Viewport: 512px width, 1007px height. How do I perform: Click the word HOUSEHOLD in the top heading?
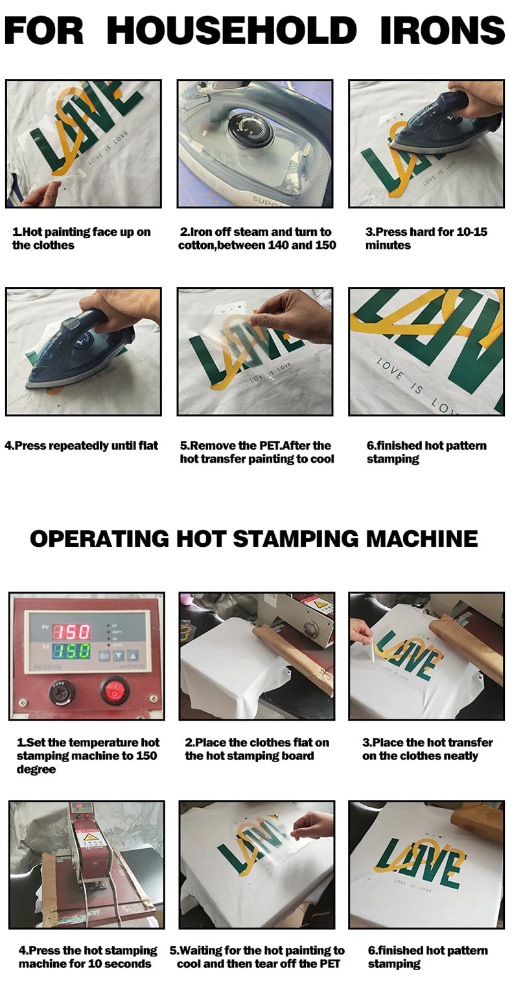(231, 30)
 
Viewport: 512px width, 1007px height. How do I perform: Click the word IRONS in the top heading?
(442, 30)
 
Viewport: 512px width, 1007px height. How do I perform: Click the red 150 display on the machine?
(71, 632)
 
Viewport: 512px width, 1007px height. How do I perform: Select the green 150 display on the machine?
(71, 651)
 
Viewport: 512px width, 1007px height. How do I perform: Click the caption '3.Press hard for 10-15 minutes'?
(426, 238)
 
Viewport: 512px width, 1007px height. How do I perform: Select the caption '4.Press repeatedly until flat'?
(82, 446)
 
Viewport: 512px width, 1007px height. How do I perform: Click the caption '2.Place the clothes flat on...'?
(257, 749)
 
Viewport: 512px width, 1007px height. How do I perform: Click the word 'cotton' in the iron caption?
(197, 245)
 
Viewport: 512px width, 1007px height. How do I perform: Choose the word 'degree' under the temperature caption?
(36, 770)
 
